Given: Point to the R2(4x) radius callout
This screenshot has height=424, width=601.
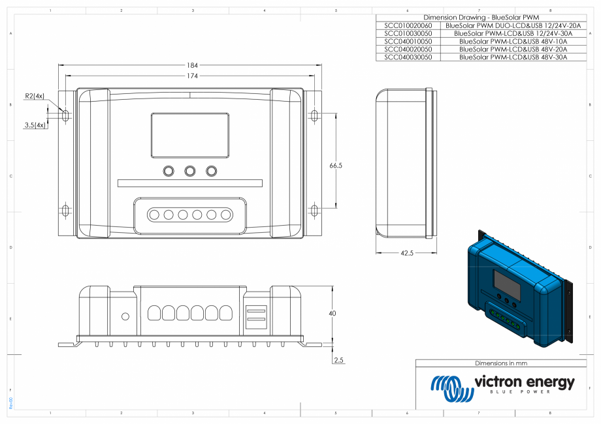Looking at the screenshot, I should (x=35, y=96).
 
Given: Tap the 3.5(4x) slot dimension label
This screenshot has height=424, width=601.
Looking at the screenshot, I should (x=35, y=125).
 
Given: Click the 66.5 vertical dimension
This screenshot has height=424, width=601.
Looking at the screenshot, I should (x=336, y=166).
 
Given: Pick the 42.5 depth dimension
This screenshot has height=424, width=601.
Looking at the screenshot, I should (x=406, y=252).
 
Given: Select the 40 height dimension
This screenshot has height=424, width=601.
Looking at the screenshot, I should (x=332, y=314).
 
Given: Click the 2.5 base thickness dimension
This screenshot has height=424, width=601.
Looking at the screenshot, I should (x=338, y=359).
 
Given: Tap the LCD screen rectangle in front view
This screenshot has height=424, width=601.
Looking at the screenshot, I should (x=190, y=135).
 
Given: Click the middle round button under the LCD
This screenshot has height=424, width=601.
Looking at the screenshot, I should (x=190, y=171).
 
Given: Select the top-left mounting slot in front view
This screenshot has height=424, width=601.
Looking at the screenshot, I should (x=65, y=115).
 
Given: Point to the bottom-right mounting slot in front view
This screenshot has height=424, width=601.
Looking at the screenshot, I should (x=315, y=210).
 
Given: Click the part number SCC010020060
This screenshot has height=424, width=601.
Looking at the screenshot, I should (x=408, y=25).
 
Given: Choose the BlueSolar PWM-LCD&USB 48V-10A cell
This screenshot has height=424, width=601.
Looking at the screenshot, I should (x=513, y=41).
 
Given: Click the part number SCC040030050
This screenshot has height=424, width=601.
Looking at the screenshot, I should (x=408, y=57).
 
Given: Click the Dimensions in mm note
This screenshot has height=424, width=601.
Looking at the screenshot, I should (x=500, y=363).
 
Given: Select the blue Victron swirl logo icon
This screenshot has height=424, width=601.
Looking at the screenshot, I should (x=451, y=388).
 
